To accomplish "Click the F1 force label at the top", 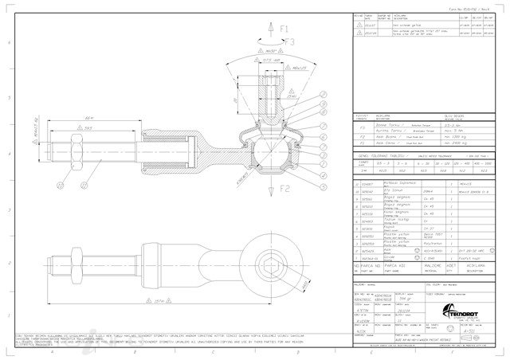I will click(x=285, y=29).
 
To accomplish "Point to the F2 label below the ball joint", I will click(x=286, y=188).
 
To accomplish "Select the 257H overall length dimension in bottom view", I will click(x=159, y=302).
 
